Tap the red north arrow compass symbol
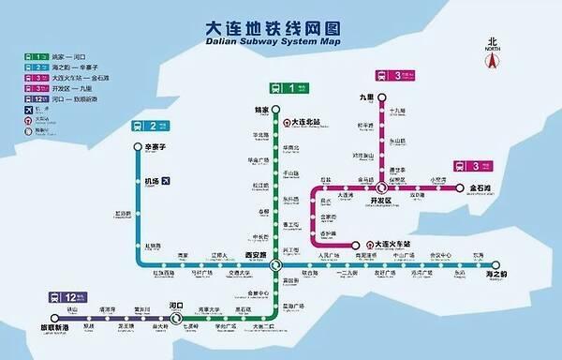tap(491, 59)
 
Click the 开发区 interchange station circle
tap(381, 188)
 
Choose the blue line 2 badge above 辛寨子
tap(147, 125)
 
